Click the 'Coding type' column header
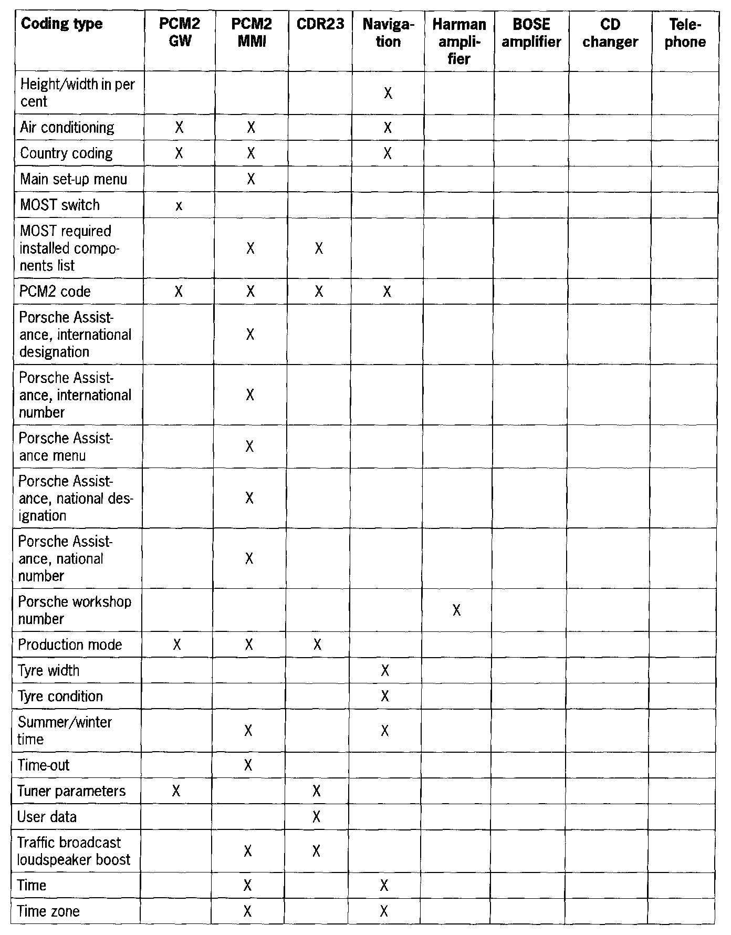click(61, 24)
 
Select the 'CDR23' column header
click(320, 25)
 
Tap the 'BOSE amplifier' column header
click(531, 33)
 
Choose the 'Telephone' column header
click(685, 33)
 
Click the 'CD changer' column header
click(610, 33)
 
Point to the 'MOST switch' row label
click(60, 205)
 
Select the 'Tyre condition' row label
click(60, 697)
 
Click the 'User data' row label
click(47, 817)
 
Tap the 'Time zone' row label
click(48, 911)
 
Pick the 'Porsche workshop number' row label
click(75, 610)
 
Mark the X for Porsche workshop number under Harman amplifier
click(457, 610)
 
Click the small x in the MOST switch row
click(179, 206)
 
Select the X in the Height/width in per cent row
click(388, 93)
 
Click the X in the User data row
click(316, 817)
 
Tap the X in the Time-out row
click(248, 765)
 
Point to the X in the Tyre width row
click(385, 670)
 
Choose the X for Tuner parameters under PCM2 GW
click(176, 791)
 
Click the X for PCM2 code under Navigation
click(387, 292)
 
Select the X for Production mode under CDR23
click(317, 645)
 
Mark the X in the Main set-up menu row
click(250, 180)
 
